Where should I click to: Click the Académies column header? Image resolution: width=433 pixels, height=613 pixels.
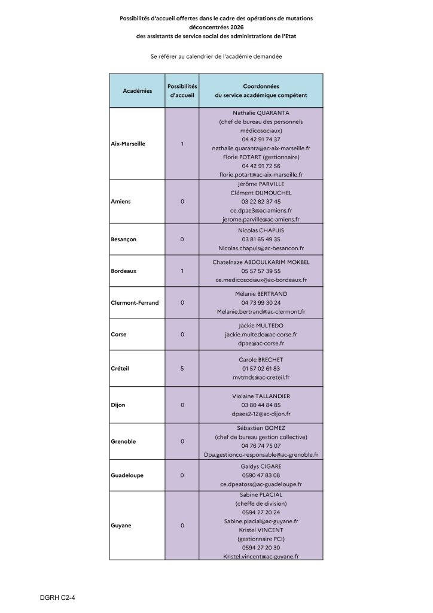[x=137, y=90]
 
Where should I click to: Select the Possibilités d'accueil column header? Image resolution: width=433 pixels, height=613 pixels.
[x=182, y=90]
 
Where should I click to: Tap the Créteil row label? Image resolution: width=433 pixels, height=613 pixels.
[x=120, y=369]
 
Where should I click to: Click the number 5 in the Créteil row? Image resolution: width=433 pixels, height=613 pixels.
[x=182, y=369]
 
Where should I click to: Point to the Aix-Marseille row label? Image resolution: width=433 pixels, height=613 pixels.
[x=129, y=144]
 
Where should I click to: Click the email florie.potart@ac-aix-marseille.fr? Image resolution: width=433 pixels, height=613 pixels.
[x=261, y=174]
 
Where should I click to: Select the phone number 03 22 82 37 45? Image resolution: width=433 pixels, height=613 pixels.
[x=261, y=202]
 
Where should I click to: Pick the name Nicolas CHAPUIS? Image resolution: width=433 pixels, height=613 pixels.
[x=261, y=230]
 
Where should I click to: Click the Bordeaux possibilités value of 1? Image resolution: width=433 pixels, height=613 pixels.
[x=182, y=271]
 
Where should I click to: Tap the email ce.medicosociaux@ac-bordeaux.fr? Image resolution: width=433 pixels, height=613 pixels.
[x=261, y=280]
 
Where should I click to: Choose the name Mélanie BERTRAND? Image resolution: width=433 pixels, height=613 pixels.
[x=261, y=293]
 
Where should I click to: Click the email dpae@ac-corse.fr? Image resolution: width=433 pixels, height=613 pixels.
[x=261, y=344]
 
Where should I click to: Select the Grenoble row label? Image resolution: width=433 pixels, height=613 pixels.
[x=124, y=441]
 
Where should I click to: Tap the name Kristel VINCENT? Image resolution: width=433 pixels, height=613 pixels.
[x=261, y=530]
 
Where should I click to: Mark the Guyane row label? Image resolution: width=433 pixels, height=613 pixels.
[x=121, y=526]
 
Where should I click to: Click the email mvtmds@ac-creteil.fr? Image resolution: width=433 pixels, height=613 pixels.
[x=261, y=378]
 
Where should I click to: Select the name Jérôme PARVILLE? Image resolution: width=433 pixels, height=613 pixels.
[x=261, y=184]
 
